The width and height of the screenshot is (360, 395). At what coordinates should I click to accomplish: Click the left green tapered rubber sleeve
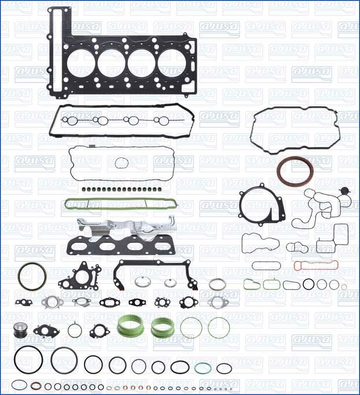tap(130, 325)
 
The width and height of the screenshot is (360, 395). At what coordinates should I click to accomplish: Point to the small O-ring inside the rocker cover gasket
tap(121, 162)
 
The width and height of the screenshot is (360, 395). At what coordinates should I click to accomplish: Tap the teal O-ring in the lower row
tap(203, 368)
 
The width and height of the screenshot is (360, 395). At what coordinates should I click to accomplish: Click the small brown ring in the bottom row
tap(36, 386)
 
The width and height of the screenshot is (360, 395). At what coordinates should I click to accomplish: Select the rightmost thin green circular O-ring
tap(217, 327)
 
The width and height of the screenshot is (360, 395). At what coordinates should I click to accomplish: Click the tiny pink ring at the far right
tap(344, 286)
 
